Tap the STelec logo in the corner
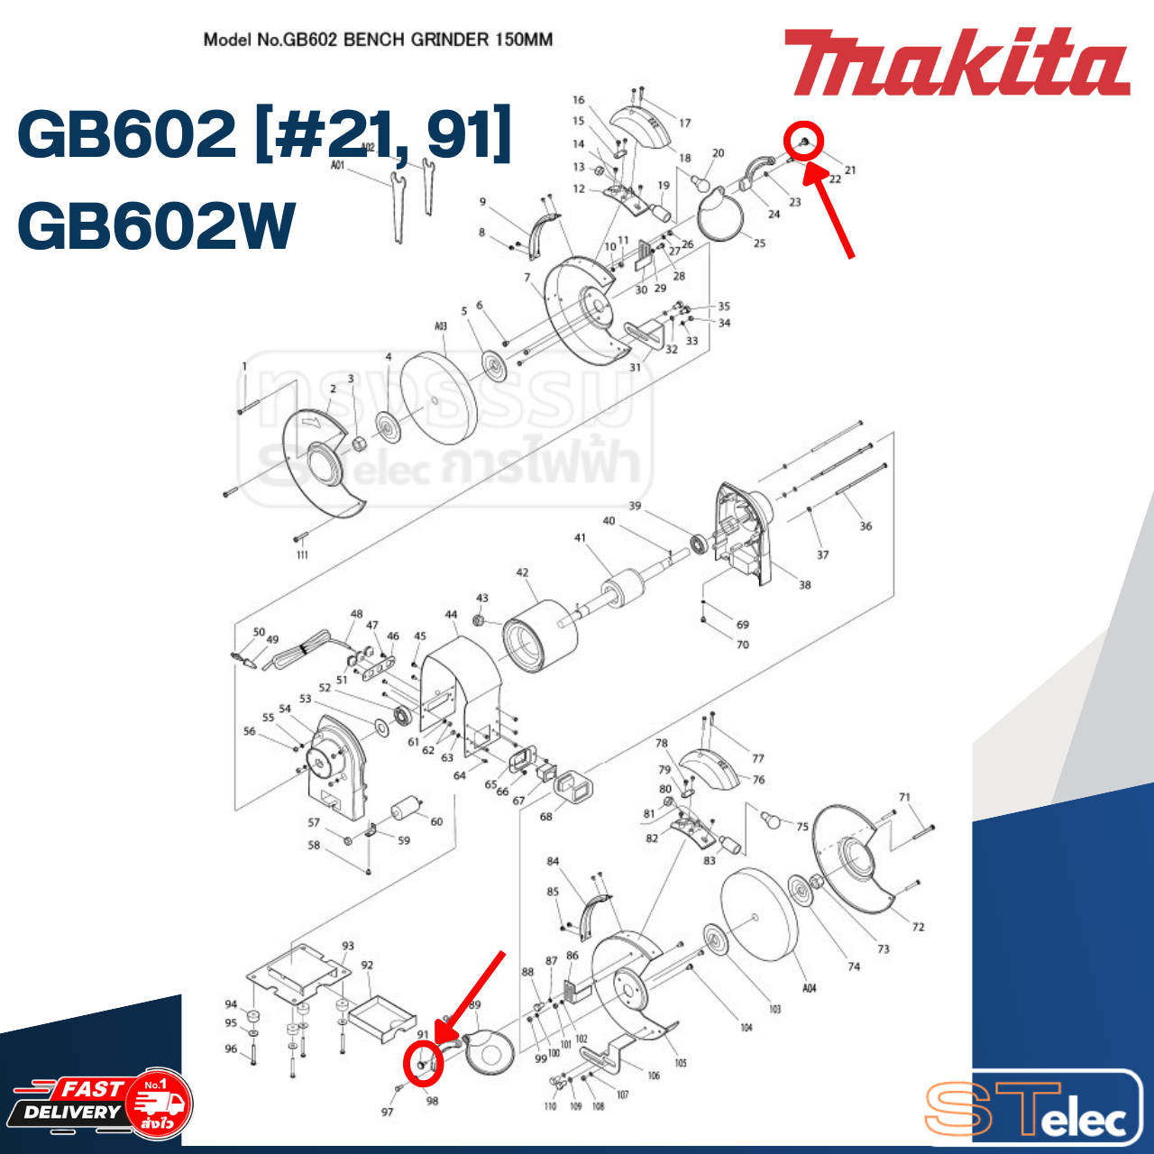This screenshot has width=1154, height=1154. pyautogui.click(x=1032, y=1109)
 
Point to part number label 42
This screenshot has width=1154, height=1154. pyautogui.click(x=522, y=572)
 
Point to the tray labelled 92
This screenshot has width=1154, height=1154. pyautogui.click(x=382, y=1019)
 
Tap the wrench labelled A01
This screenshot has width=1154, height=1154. pyautogui.click(x=397, y=207)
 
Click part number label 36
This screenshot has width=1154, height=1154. pyautogui.click(x=865, y=526)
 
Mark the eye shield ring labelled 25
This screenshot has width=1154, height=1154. pyautogui.click(x=721, y=216)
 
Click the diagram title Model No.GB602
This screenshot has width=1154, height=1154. pyautogui.click(x=378, y=40)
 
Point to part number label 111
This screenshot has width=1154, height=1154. pyautogui.click(x=302, y=554)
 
